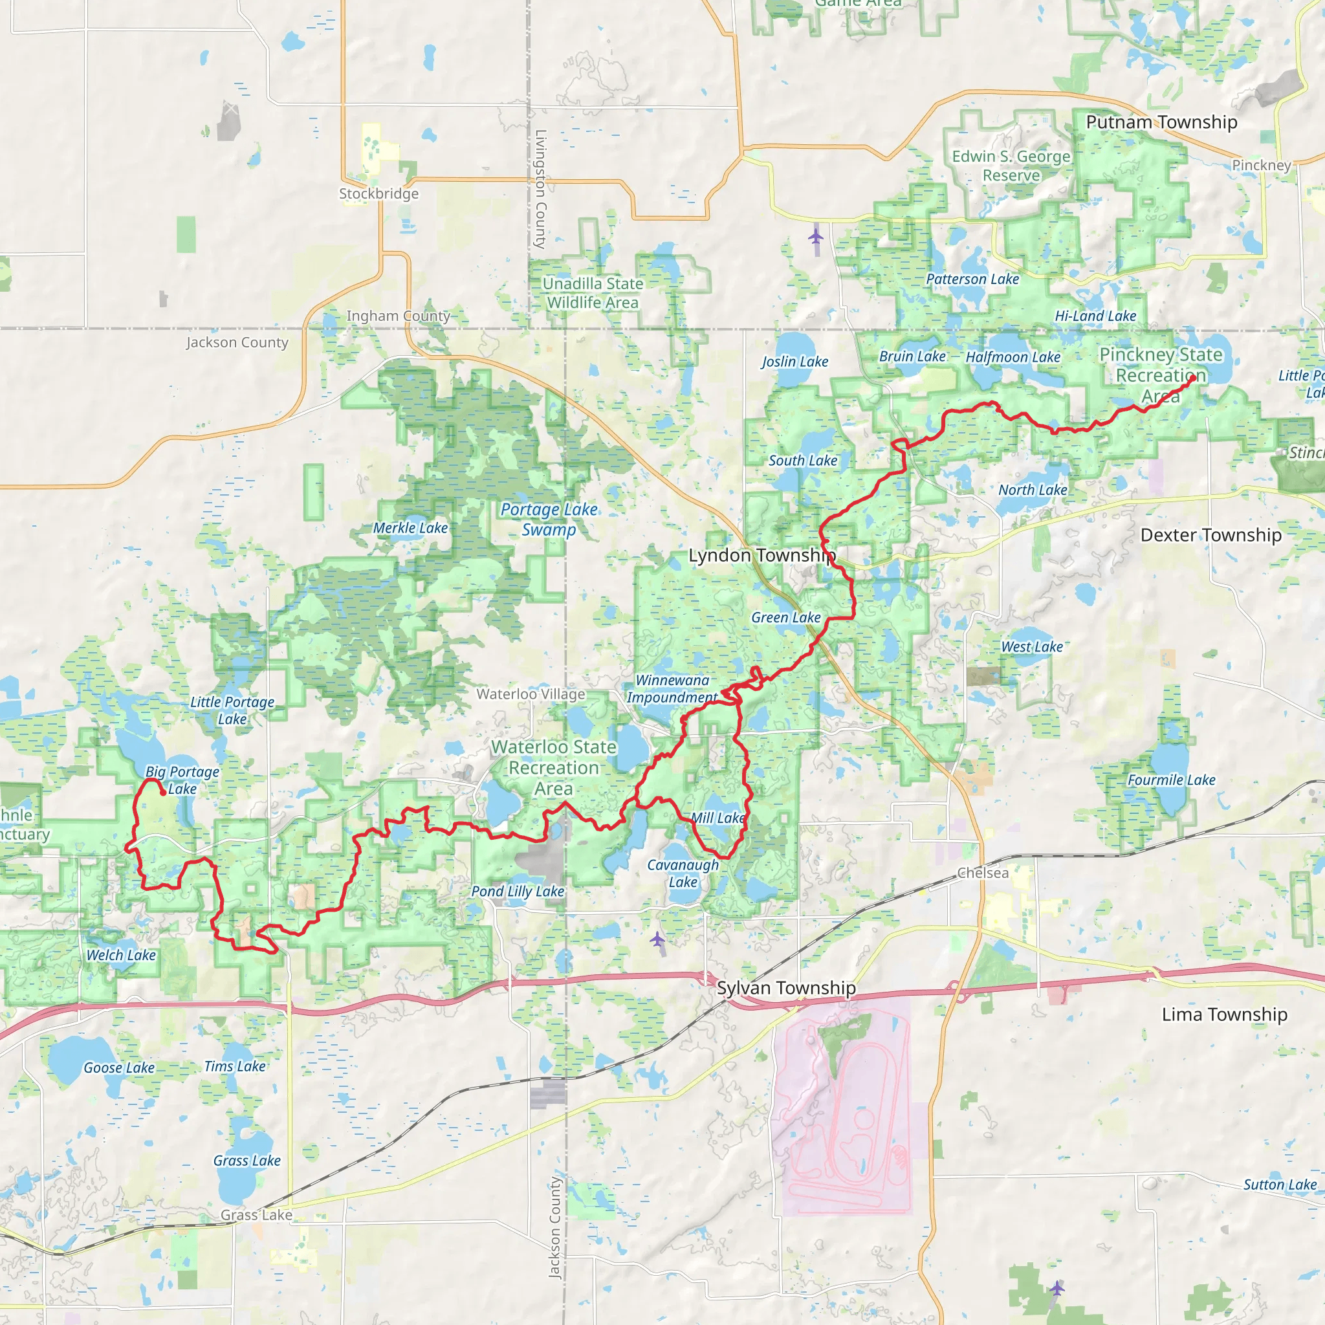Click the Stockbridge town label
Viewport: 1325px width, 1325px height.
click(x=378, y=193)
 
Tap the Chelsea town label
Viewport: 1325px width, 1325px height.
click(x=982, y=872)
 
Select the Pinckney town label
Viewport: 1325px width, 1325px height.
click(x=1261, y=164)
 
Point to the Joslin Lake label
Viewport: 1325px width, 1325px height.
click(x=794, y=362)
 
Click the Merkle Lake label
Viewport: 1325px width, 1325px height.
click(x=410, y=527)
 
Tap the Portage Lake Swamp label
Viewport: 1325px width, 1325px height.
click(x=549, y=519)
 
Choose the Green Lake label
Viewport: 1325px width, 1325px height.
click(x=785, y=617)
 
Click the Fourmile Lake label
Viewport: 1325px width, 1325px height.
click(x=1172, y=780)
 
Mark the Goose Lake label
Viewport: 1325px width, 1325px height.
click(x=118, y=1067)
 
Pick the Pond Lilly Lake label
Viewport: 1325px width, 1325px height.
click(x=517, y=891)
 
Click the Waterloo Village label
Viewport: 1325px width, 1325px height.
click(x=531, y=694)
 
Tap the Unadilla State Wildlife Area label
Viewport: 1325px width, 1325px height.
click(x=593, y=293)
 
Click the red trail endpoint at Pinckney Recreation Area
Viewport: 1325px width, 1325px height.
click(x=1192, y=377)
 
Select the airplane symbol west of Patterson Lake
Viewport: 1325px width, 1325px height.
click(x=815, y=237)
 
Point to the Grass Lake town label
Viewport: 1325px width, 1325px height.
click(x=256, y=1214)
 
